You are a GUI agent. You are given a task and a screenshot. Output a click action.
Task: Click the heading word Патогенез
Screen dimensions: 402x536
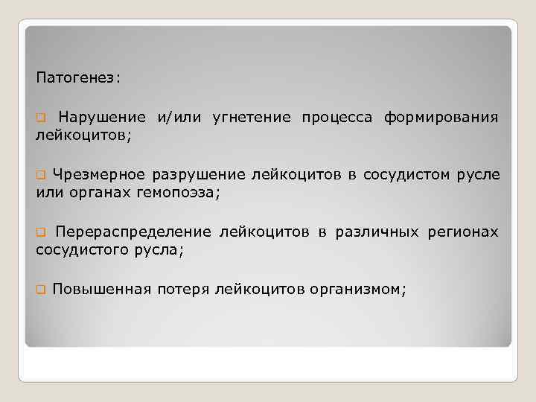[77, 77]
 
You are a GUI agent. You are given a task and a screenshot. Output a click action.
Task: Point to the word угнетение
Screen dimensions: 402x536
[251, 117]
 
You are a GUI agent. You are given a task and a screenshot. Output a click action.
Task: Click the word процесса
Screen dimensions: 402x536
[337, 117]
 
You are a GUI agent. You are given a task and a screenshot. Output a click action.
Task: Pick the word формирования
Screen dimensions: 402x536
[441, 117]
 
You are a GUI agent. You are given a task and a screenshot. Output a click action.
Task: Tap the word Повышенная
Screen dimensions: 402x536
[102, 290]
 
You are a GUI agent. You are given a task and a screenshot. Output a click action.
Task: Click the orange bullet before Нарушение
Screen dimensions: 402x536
[42, 118]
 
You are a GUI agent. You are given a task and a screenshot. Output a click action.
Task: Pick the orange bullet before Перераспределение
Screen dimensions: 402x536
[42, 233]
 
